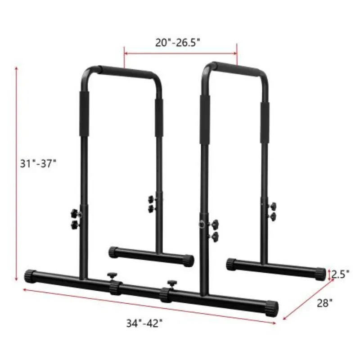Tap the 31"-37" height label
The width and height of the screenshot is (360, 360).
(38, 163)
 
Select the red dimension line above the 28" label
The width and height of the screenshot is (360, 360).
(308, 299)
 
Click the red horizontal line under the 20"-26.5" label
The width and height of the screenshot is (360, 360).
(180, 53)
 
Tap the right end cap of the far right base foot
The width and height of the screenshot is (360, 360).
(320, 273)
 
